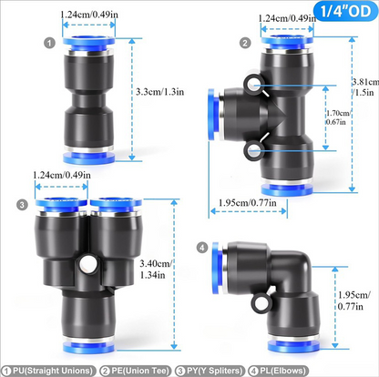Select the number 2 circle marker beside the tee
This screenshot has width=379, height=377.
tap(245, 43)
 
